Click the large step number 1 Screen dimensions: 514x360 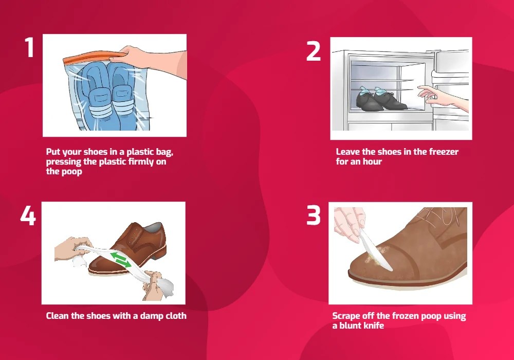[x=29, y=47]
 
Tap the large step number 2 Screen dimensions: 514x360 [x=314, y=51]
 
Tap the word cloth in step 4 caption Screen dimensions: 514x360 [x=175, y=316]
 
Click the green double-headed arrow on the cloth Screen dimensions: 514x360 [x=121, y=259]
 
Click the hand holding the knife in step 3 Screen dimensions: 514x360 [x=349, y=223]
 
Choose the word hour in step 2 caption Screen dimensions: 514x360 [x=372, y=161]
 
